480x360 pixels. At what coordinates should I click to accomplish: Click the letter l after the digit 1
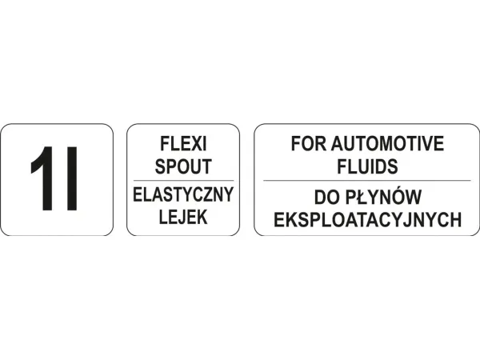[72, 178]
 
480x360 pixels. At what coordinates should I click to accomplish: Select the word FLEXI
[183, 143]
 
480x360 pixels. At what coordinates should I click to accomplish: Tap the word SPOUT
[183, 166]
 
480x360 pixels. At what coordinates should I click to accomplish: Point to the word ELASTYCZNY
[183, 194]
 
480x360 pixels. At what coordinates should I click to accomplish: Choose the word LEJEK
[183, 217]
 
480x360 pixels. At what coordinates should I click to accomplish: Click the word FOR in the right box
[309, 143]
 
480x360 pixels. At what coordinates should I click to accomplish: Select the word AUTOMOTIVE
[387, 143]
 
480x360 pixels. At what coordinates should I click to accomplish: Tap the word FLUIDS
[367, 166]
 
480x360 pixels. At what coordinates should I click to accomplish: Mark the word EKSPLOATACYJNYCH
[367, 219]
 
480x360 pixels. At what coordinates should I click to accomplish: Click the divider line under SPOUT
[183, 181]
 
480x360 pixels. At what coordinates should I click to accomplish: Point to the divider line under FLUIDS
[366, 181]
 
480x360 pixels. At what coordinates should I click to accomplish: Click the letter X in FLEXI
[196, 143]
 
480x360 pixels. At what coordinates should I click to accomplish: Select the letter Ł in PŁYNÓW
[362, 198]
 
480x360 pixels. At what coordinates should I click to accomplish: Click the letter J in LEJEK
[183, 217]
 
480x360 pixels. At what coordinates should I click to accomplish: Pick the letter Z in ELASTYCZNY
[206, 194]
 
